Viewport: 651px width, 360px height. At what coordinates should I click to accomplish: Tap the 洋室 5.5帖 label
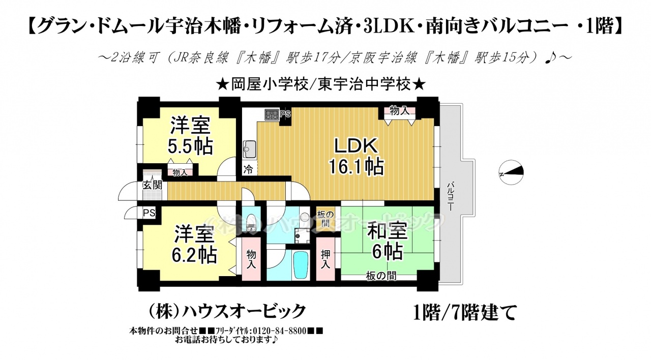pyautogui.click(x=190, y=135)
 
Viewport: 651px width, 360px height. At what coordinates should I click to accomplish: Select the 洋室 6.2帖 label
pyautogui.click(x=194, y=244)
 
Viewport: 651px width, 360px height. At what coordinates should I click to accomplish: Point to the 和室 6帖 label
pyautogui.click(x=387, y=242)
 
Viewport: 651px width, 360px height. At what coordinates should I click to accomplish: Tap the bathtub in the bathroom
pyautogui.click(x=301, y=265)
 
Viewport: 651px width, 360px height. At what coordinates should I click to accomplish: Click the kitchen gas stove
pyautogui.click(x=272, y=114)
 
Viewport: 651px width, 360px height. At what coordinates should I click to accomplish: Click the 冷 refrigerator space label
pyautogui.click(x=248, y=170)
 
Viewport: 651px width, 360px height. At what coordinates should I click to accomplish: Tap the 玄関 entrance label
pyautogui.click(x=152, y=186)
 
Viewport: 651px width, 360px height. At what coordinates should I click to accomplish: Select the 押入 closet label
pyautogui.click(x=325, y=259)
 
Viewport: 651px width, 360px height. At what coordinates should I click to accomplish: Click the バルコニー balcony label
pyautogui.click(x=450, y=197)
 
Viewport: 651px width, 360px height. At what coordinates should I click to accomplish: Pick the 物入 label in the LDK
pyautogui.click(x=399, y=110)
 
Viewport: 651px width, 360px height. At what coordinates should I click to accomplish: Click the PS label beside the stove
pyautogui.click(x=285, y=114)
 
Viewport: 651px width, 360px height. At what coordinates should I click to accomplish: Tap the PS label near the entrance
pyautogui.click(x=149, y=213)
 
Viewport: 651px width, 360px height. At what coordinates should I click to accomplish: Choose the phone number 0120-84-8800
pyautogui.click(x=280, y=331)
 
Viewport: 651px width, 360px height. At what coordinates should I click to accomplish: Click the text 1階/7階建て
pyautogui.click(x=465, y=312)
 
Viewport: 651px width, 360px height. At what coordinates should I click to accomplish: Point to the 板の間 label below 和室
pyautogui.click(x=381, y=276)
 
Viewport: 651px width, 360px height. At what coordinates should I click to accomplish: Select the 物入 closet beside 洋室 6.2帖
pyautogui.click(x=251, y=259)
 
